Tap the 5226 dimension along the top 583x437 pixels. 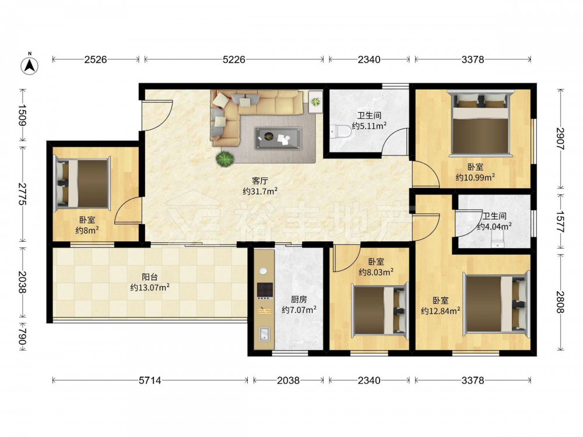234,59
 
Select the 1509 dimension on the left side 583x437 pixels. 23,115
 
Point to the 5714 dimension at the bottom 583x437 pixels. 150,380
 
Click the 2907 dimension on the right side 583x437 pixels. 560,139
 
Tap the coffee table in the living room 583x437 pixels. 278,138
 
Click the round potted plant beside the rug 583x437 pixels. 225,158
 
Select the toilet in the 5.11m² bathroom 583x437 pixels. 341,132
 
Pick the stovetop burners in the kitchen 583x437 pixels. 265,291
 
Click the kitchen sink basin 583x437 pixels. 264,334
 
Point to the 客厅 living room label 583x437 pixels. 260,181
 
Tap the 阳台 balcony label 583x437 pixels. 150,277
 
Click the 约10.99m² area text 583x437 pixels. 475,178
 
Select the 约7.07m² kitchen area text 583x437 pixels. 299,309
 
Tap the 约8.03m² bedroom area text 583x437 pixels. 376,272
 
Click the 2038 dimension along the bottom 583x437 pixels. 289,380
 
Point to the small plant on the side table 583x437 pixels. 315,101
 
